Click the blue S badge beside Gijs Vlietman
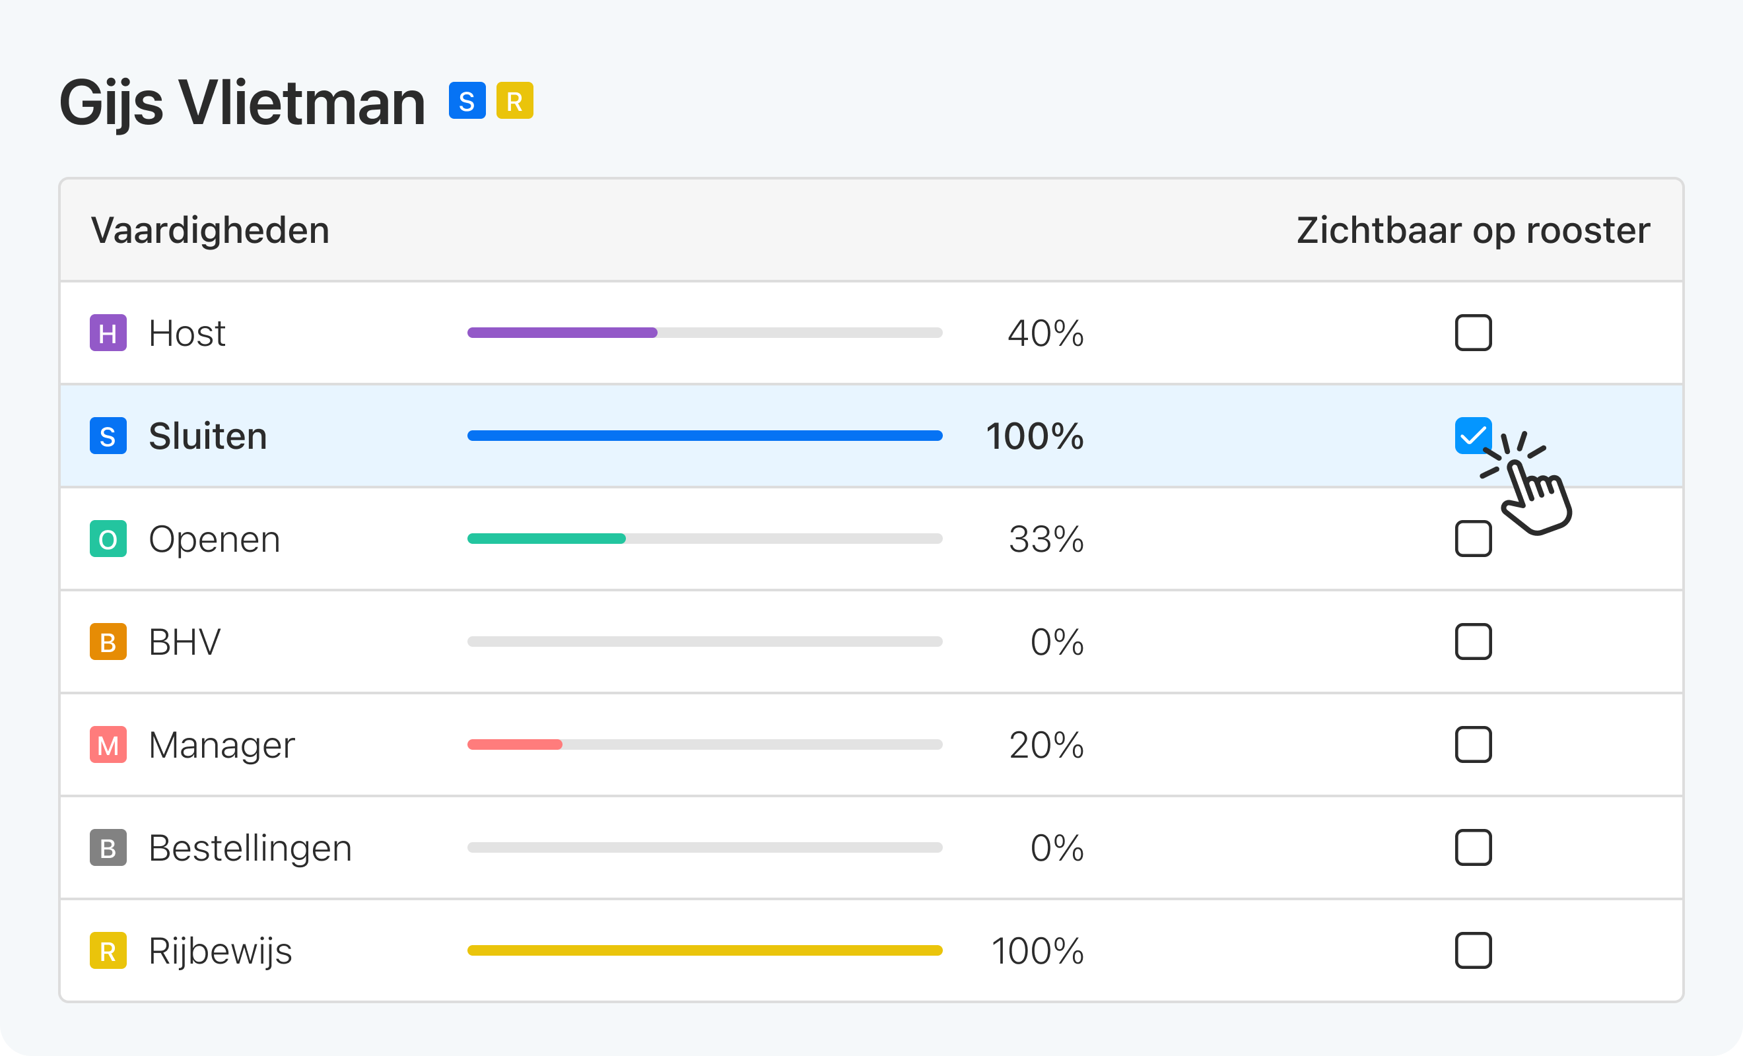(467, 100)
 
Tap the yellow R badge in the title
(514, 100)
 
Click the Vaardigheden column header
(210, 230)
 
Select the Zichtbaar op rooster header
(1473, 230)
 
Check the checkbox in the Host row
(1473, 333)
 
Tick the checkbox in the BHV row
(1473, 642)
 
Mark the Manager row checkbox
(1473, 744)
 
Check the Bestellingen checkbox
(1473, 847)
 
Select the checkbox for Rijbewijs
(1473, 950)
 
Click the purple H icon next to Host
(108, 333)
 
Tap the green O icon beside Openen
(108, 539)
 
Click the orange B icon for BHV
(108, 642)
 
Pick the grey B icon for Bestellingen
(108, 847)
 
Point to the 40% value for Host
(1044, 333)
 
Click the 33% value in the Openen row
(1046, 539)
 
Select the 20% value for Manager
(1046, 744)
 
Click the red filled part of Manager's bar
(514, 744)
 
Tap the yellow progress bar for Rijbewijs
(704, 950)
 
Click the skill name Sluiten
(208, 436)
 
